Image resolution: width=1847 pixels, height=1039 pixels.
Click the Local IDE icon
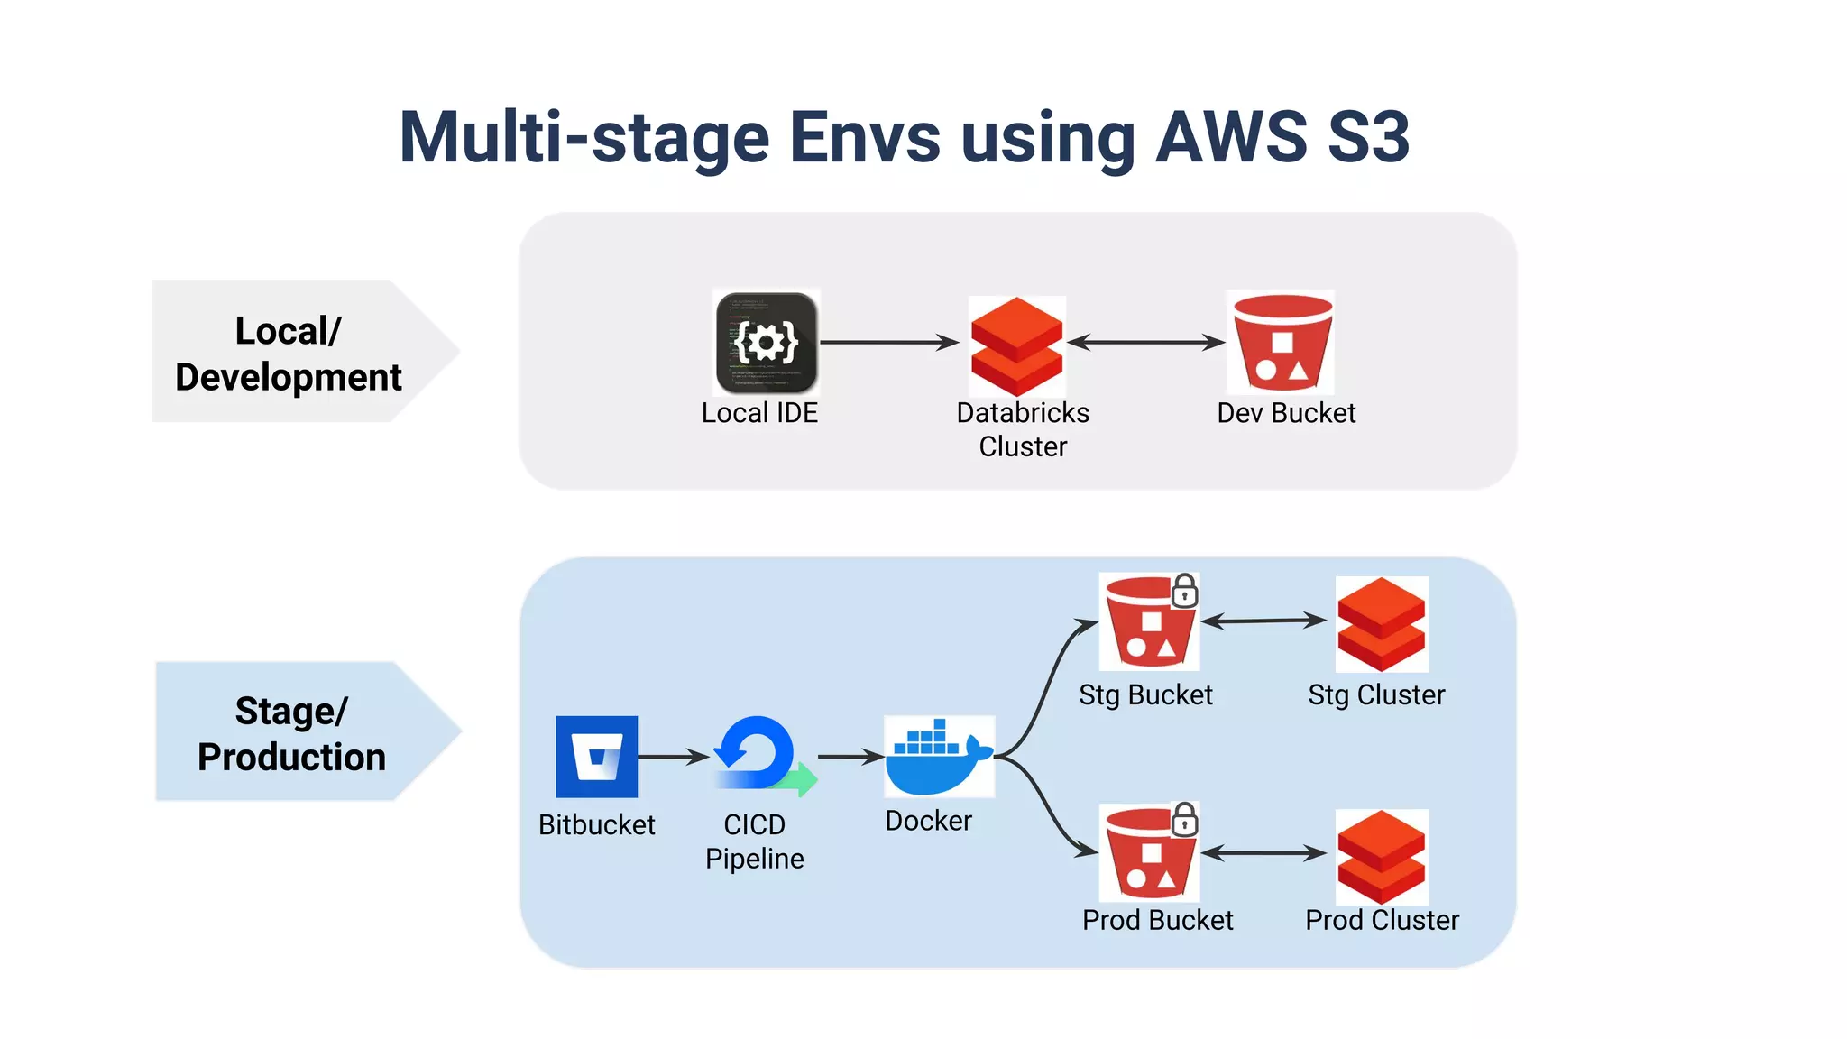tap(766, 343)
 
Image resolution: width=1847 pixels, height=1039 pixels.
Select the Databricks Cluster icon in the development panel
tap(1017, 345)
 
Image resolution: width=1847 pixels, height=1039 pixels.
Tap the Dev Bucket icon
tap(1282, 343)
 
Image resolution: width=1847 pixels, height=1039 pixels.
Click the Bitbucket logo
tap(596, 757)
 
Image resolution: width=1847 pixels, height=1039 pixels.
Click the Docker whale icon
tap(938, 758)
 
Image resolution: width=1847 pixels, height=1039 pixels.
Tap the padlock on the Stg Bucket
tap(1184, 592)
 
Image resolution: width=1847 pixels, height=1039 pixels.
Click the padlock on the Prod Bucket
tap(1184, 821)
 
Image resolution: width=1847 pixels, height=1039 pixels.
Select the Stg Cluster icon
tap(1381, 624)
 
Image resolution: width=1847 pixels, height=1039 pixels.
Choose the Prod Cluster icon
tap(1381, 857)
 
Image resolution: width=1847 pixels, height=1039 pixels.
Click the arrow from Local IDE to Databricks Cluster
tap(888, 343)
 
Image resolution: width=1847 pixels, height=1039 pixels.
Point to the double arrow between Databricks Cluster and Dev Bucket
tap(1145, 343)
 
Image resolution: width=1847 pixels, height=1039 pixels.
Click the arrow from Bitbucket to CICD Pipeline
tap(673, 757)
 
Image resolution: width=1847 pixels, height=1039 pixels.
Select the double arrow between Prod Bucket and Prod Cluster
tap(1263, 853)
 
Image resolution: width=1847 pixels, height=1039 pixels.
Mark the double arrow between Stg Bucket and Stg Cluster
tap(1263, 621)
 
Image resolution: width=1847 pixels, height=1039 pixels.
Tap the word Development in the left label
tap(289, 377)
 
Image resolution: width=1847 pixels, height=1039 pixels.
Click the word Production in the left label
tap(291, 757)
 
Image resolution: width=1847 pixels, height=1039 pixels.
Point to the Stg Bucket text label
tap(1145, 695)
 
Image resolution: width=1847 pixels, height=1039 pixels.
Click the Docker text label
tap(928, 821)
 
